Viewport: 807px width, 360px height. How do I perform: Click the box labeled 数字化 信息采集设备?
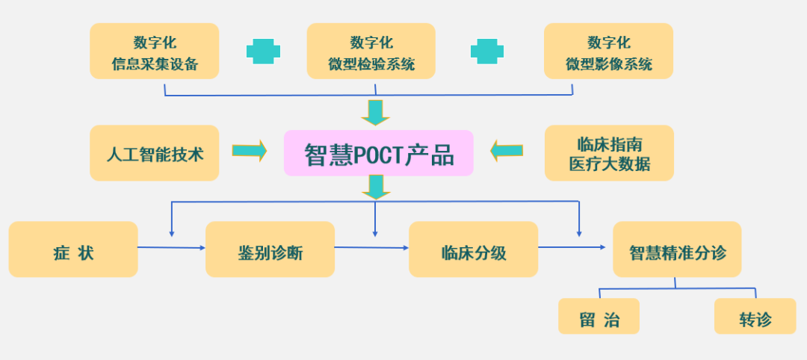(155, 51)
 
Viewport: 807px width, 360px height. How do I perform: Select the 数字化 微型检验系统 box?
(371, 51)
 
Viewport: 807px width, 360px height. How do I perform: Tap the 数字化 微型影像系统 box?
(608, 51)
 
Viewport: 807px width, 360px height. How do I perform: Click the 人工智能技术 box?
(155, 152)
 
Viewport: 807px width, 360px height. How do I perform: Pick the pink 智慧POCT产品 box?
(378, 153)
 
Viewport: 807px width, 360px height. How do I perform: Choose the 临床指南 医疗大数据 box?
(609, 152)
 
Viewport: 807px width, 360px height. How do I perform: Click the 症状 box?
(73, 249)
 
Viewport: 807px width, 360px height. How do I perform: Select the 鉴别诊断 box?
(270, 249)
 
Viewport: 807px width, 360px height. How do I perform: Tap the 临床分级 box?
(473, 249)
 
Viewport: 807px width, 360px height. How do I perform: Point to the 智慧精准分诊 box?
(677, 249)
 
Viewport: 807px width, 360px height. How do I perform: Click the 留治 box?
(599, 316)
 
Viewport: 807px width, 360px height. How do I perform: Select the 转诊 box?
(755, 316)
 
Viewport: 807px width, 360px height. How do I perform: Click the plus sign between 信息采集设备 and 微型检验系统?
(264, 51)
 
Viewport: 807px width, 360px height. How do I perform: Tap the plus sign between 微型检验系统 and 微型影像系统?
(487, 51)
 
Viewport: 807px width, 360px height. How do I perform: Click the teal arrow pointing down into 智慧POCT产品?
(375, 112)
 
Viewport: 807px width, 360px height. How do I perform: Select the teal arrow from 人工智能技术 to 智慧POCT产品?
(250, 151)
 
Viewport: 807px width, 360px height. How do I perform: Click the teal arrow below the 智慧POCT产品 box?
(375, 187)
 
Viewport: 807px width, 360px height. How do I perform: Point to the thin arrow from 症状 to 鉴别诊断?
(172, 247)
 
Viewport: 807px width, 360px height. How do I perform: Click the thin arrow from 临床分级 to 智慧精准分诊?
(572, 246)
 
